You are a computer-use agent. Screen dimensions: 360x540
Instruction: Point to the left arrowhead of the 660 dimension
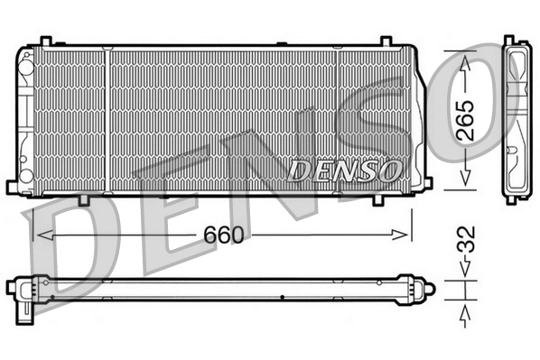39,235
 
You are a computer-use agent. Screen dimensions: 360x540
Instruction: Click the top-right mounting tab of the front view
384,42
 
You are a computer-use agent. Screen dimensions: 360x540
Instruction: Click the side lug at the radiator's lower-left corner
12,187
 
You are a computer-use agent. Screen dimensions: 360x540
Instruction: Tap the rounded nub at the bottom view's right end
429,289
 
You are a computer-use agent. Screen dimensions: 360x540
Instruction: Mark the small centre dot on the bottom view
283,298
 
